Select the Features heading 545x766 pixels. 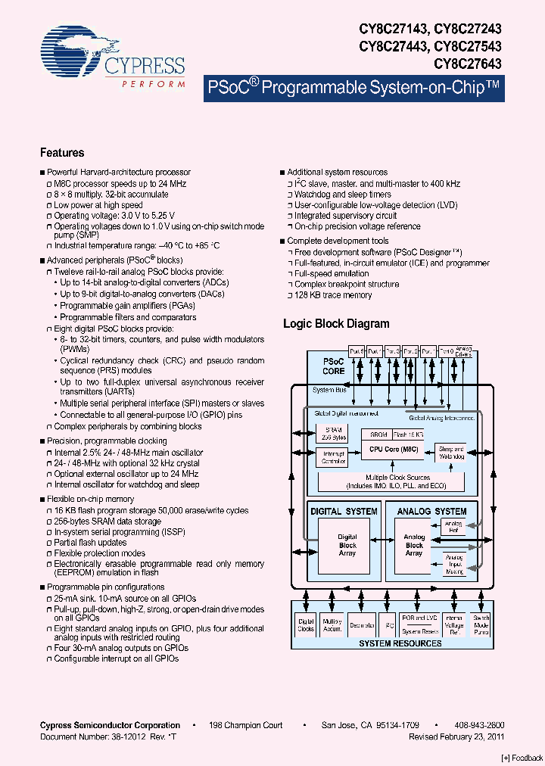click(x=62, y=152)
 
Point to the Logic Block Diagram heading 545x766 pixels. click(x=336, y=324)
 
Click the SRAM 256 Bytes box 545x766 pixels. click(x=334, y=435)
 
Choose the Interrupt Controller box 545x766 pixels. click(x=334, y=457)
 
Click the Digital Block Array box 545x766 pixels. click(x=347, y=545)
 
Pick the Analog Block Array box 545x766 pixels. click(x=414, y=545)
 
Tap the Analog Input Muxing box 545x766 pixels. click(x=453, y=565)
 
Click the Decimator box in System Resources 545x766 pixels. click(x=362, y=626)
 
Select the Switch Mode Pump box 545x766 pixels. click(x=481, y=626)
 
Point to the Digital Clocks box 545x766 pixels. click(x=306, y=625)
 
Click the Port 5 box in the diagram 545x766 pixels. click(x=357, y=351)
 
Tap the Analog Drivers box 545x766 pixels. click(x=464, y=351)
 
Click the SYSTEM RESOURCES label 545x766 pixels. click(x=400, y=643)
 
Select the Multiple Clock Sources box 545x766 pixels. click(x=397, y=481)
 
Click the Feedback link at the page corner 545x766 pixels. click(x=522, y=758)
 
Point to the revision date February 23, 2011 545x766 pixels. click(x=456, y=736)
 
